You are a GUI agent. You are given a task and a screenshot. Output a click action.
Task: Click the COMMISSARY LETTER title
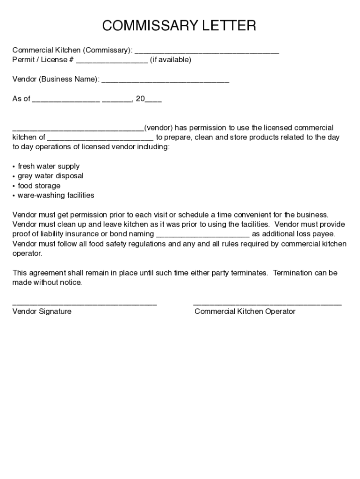click(180, 26)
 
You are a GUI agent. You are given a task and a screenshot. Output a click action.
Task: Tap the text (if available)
click(171, 60)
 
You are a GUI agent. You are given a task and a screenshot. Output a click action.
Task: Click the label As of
click(21, 99)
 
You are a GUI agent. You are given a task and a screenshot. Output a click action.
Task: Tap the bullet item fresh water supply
click(49, 167)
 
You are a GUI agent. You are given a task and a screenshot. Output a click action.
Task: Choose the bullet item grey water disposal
click(50, 176)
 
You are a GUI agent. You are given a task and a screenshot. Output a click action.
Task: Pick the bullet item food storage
click(39, 186)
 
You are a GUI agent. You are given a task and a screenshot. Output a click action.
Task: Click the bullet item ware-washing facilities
click(56, 196)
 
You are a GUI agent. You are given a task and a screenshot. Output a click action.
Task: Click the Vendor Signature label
click(42, 312)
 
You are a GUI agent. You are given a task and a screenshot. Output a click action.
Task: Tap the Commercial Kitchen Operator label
click(245, 312)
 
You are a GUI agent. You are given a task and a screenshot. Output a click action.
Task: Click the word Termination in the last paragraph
click(292, 273)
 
